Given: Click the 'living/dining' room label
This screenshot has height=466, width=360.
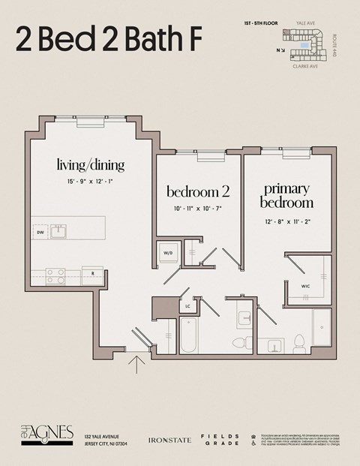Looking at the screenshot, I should point(90,164).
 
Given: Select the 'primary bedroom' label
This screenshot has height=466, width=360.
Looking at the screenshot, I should point(286,195).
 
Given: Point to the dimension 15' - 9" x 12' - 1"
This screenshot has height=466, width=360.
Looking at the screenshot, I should point(90,182).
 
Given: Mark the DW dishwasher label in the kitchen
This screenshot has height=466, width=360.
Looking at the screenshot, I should point(40,233).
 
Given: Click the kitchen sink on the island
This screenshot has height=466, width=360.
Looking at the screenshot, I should point(58,230).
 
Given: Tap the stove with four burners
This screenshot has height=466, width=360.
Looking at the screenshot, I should point(55,276).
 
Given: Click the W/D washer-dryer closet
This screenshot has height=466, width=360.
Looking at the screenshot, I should point(168,253).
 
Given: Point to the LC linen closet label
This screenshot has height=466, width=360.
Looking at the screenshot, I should point(187,306).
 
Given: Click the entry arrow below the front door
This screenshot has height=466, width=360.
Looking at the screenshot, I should point(136,365).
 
